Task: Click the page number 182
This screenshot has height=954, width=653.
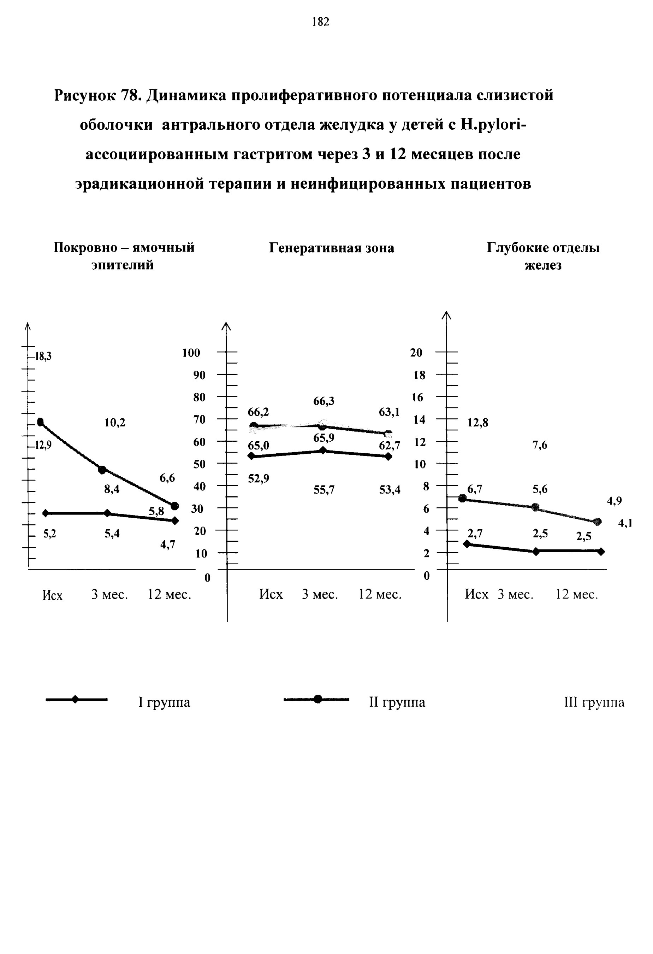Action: point(321,22)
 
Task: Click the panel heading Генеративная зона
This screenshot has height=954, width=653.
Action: point(331,248)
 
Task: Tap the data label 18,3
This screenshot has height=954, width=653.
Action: point(43,356)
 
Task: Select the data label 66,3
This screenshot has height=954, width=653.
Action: point(323,401)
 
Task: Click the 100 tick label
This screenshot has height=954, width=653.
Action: point(191,353)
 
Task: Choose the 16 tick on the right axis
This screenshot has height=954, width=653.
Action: point(417,397)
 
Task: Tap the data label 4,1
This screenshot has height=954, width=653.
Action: point(625,523)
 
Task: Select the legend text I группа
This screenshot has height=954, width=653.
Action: point(164,702)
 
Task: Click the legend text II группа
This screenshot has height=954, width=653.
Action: point(397,702)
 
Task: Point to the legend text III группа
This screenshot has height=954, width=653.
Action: point(594,702)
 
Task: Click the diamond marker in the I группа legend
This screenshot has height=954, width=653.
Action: point(75,700)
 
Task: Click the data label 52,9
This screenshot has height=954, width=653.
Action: point(259,479)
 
